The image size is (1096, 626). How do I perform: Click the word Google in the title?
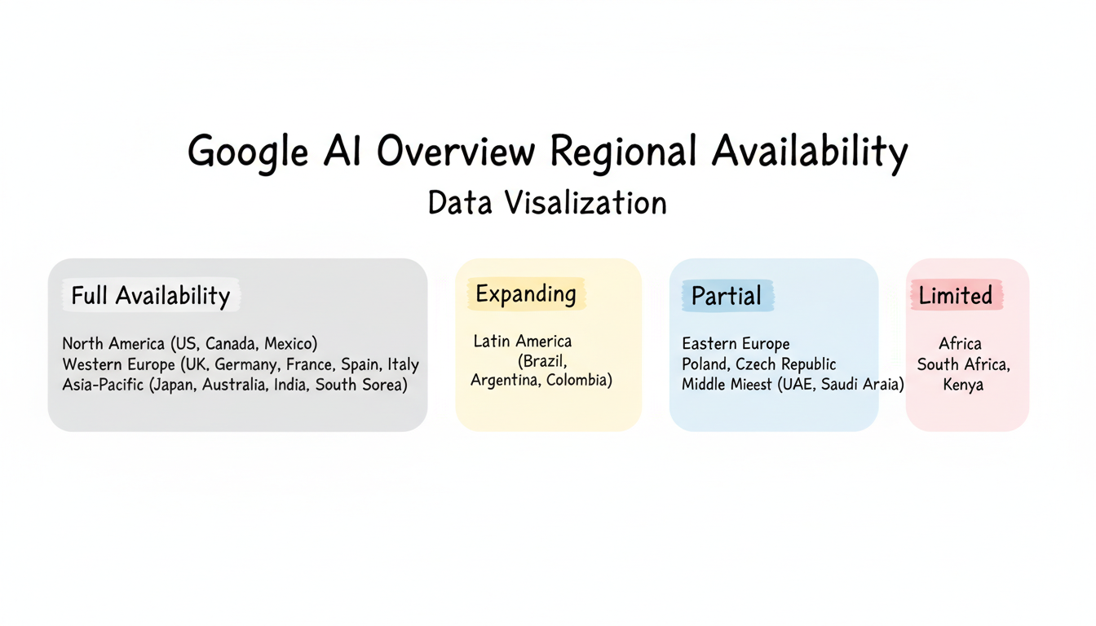pos(248,152)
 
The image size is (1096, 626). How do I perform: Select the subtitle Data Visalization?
pos(547,203)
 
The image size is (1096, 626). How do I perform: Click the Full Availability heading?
pos(151,295)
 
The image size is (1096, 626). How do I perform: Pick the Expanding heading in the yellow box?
pos(526,293)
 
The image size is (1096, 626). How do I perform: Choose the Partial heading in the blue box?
pos(727,296)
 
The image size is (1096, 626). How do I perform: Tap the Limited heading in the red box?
pos(956,295)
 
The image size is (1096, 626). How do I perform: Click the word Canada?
pos(225,344)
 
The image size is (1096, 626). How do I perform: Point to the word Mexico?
pos(289,344)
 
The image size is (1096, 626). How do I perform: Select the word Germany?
pos(247,365)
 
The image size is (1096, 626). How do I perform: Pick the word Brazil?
pos(541,360)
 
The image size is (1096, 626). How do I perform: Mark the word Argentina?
pos(505,381)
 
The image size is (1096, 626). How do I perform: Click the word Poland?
pos(705,364)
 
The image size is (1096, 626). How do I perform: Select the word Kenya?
pos(963,385)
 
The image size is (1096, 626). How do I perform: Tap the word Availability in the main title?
pos(809,152)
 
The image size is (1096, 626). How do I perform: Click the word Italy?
pos(403,365)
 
